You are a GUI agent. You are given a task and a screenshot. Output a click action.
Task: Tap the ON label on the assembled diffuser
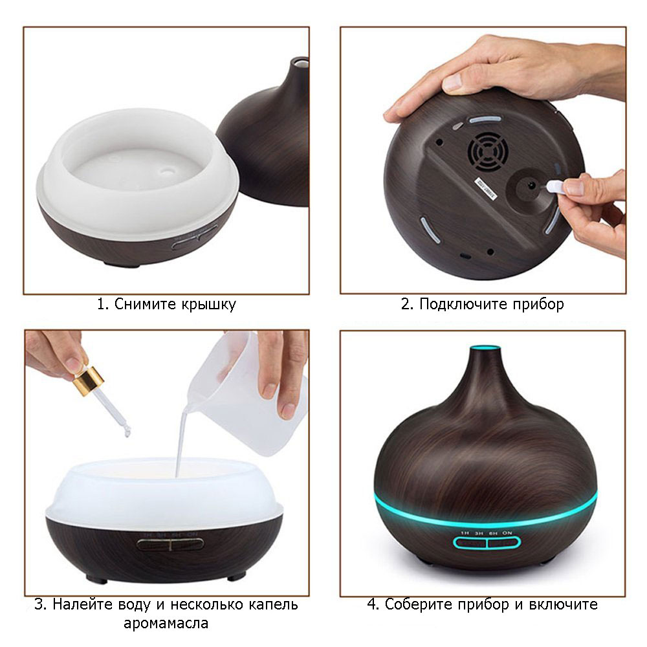tap(508, 532)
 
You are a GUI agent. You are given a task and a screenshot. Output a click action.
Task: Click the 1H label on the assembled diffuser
tap(464, 532)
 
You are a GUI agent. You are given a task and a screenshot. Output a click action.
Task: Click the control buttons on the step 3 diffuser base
tap(170, 543)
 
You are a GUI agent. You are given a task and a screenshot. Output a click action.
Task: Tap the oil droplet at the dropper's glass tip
tap(127, 432)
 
